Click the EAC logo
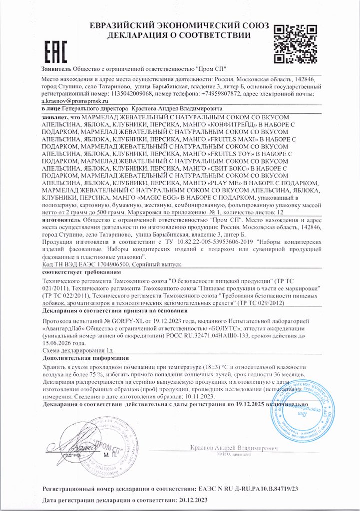coord(54,50)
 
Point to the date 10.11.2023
coord(199,396)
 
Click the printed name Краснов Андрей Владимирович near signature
coord(234,448)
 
